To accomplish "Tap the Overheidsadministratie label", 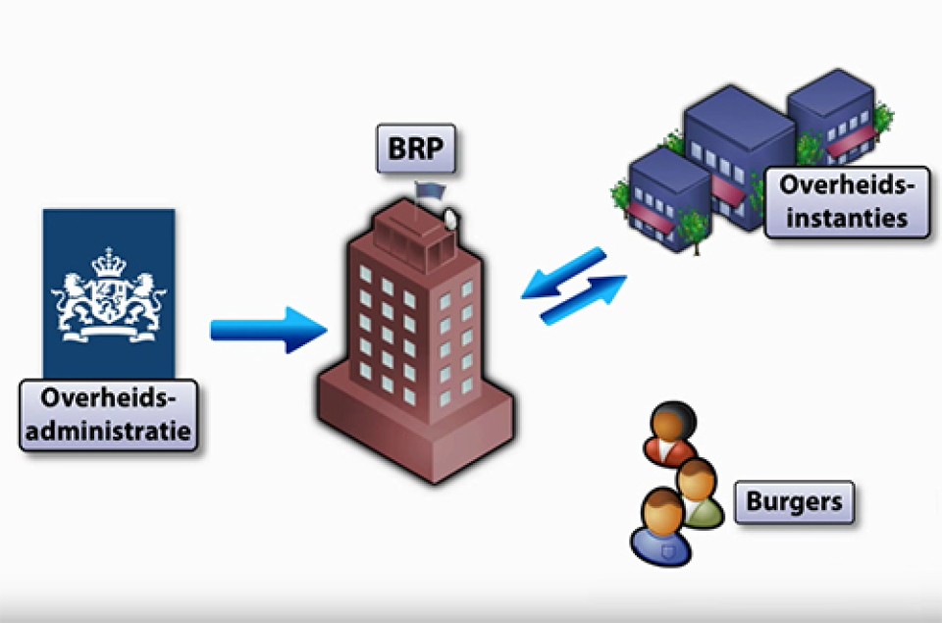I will coord(108,415).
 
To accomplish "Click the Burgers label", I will coord(794,502).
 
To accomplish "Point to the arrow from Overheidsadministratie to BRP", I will coord(268,330).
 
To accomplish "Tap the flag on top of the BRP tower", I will coord(430,190).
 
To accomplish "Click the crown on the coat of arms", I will coord(109,262).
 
